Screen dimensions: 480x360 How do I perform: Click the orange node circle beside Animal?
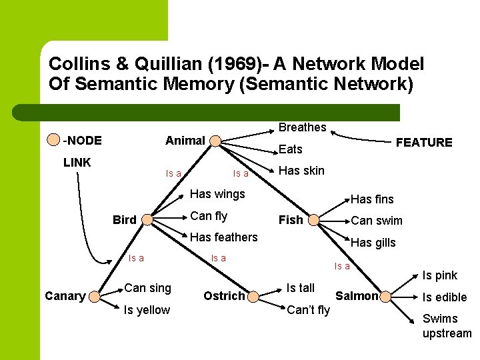215,141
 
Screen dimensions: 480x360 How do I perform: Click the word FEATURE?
424,142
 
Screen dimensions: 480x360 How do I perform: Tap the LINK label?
77,162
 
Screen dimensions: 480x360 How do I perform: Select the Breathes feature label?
302,127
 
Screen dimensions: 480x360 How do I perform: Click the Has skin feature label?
301,170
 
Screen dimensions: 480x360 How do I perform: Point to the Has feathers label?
224,237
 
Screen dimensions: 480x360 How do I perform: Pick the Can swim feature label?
377,220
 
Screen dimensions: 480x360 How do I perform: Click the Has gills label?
373,243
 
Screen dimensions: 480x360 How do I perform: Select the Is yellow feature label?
147,309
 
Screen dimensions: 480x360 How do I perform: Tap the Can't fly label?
308,309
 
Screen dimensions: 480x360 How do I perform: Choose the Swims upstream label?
447,326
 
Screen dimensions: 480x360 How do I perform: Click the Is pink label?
440,275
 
